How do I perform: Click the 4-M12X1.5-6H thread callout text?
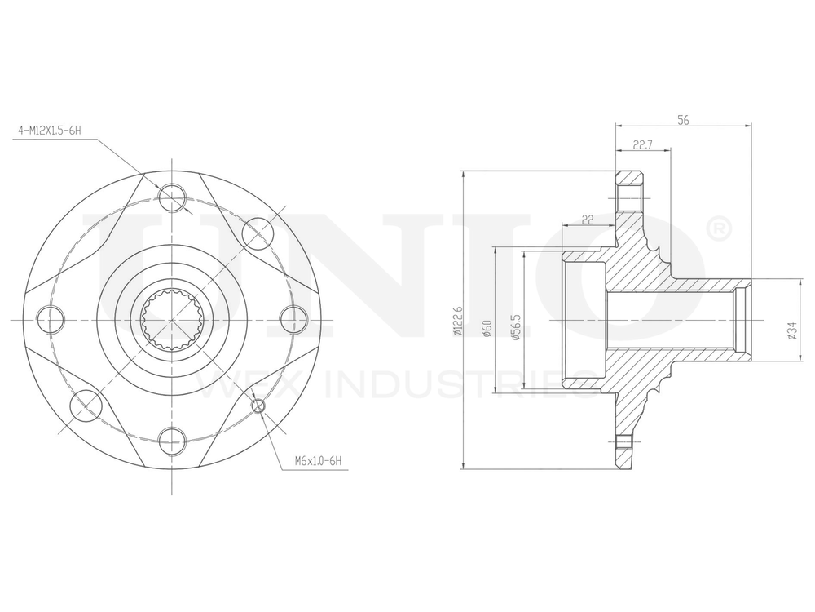click(x=50, y=130)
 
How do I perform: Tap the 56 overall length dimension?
click(x=683, y=120)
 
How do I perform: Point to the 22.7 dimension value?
click(x=643, y=144)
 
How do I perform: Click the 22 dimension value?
click(x=587, y=219)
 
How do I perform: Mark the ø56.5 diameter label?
click(x=515, y=326)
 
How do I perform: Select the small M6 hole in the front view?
click(x=259, y=406)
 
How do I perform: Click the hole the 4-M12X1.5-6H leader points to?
click(x=172, y=196)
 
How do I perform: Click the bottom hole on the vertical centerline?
click(x=172, y=440)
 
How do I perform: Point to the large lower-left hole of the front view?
click(x=86, y=405)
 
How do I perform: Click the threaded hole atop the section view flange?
click(x=628, y=197)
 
